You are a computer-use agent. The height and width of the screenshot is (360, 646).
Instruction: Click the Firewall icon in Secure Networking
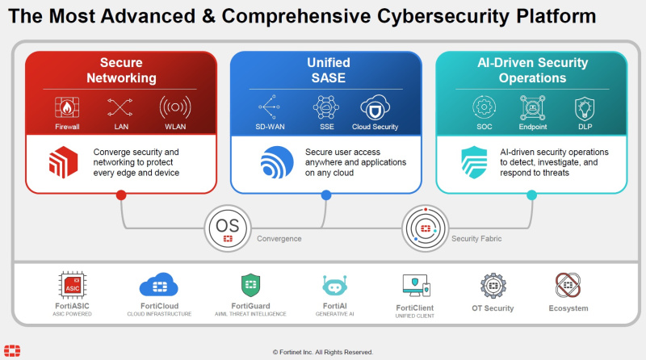coord(67,107)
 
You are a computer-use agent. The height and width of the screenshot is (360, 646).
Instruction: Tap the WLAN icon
coord(175,107)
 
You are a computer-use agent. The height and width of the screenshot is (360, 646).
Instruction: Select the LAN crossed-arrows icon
coord(120,107)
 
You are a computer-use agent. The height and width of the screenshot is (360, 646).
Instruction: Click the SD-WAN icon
coord(268,107)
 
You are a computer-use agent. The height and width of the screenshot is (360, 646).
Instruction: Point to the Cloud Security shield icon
coord(375,107)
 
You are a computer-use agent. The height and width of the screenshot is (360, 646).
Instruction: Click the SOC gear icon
coord(484,107)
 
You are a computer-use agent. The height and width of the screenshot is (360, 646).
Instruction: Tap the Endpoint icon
coord(533,107)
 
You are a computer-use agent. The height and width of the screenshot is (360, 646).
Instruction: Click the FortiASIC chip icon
coord(73,286)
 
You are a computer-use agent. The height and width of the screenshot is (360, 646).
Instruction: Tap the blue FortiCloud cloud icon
coord(158,285)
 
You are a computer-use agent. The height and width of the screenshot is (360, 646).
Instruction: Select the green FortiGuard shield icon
coord(250,285)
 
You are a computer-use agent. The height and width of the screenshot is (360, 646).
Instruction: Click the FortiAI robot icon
coord(333,286)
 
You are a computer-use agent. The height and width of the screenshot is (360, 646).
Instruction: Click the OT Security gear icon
coord(493,286)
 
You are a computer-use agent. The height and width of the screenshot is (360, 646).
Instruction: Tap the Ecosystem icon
coord(568,285)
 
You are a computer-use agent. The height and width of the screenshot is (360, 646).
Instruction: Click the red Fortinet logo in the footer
coord(14,350)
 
